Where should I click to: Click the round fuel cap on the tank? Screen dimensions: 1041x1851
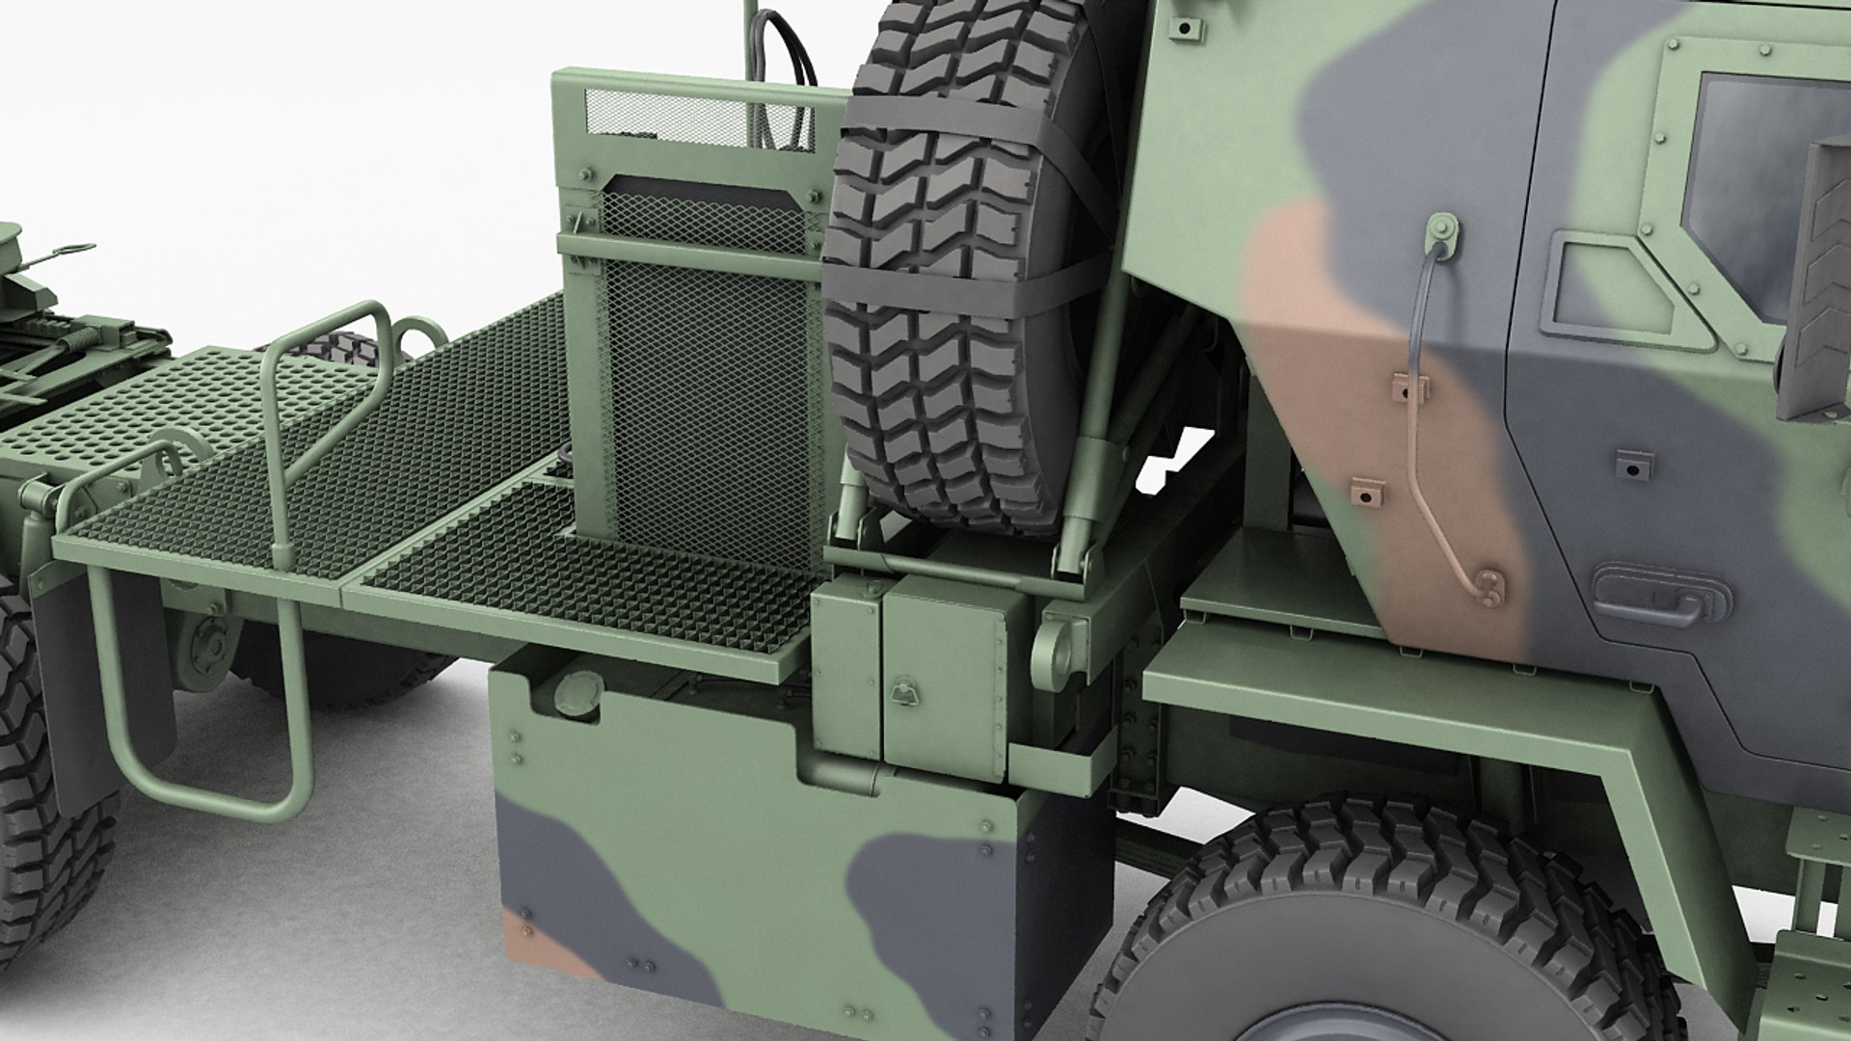(578, 693)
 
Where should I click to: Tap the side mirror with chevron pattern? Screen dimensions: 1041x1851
(1817, 280)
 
